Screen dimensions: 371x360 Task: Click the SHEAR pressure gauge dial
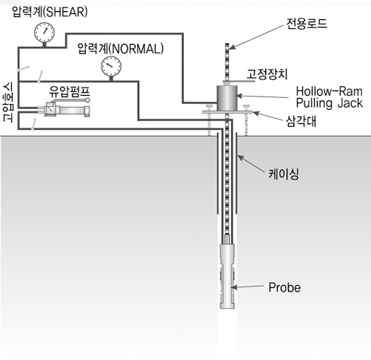click(45, 33)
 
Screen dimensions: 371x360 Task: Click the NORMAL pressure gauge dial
click(111, 66)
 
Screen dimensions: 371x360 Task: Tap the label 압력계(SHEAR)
click(50, 12)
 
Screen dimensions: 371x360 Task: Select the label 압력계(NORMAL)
click(120, 48)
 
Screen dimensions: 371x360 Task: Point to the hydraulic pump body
click(67, 110)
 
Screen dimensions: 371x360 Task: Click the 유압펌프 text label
click(70, 91)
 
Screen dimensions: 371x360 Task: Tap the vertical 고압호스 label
click(8, 102)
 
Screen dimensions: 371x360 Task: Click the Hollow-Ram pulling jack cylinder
click(227, 98)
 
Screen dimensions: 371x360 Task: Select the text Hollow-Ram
click(329, 91)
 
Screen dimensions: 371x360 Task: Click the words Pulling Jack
click(329, 103)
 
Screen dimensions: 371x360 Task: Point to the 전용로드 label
click(306, 24)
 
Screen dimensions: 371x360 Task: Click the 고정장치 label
click(267, 74)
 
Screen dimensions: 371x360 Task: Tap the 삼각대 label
click(301, 121)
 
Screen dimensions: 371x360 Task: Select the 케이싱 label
click(283, 174)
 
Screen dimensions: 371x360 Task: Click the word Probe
click(285, 287)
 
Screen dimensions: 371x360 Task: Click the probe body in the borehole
click(227, 276)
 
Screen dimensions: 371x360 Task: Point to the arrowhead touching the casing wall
click(240, 158)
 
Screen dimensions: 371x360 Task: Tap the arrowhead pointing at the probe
click(234, 287)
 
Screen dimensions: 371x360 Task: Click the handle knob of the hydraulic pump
click(88, 100)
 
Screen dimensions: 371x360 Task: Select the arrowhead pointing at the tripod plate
click(255, 114)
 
